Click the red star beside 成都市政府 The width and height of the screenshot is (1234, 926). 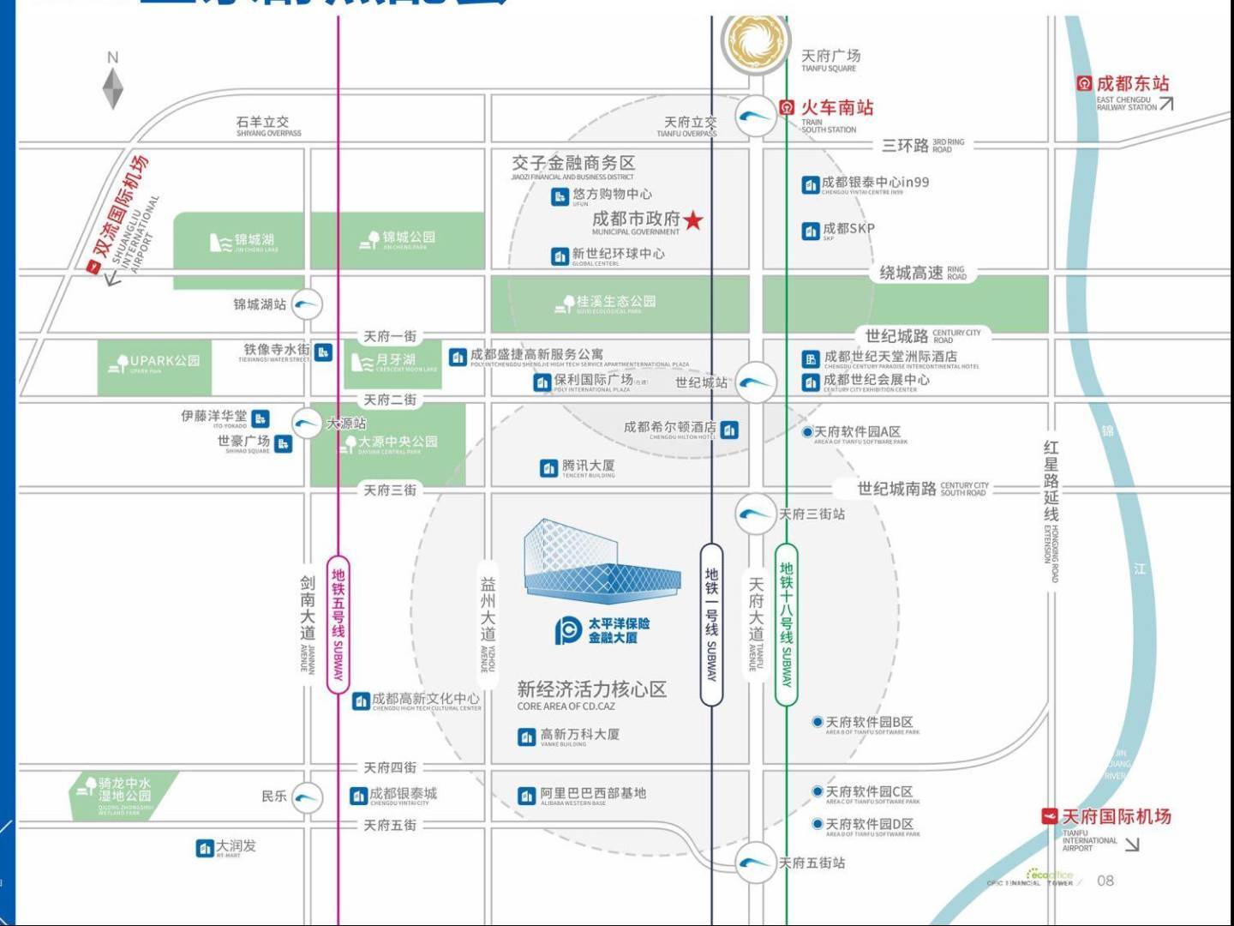(x=693, y=220)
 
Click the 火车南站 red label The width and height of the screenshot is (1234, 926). (x=836, y=108)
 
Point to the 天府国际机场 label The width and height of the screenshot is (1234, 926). (x=1115, y=817)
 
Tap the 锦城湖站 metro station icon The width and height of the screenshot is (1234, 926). (x=307, y=304)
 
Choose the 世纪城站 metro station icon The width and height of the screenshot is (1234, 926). (x=756, y=382)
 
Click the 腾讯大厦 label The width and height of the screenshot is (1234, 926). (x=587, y=466)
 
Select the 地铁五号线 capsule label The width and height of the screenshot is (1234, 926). (x=338, y=623)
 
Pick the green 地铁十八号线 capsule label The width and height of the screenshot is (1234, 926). (x=786, y=625)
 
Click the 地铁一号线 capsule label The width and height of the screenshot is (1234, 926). (x=711, y=625)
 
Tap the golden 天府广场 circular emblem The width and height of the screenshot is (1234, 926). (x=754, y=41)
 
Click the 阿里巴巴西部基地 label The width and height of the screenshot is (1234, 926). (x=592, y=794)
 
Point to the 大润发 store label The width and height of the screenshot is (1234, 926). (x=235, y=846)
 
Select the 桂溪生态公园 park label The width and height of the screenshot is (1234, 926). (x=614, y=302)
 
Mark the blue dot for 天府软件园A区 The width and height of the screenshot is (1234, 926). (x=807, y=432)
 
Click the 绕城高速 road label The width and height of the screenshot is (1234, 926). (x=912, y=274)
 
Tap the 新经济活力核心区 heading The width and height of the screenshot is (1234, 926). (x=591, y=689)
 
